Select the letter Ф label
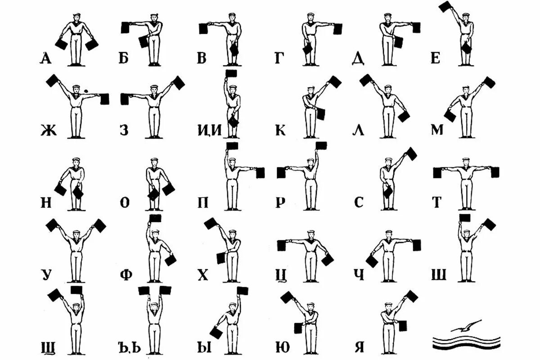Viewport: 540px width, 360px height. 126,274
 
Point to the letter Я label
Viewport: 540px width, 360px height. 359,347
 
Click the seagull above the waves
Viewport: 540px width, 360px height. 466,326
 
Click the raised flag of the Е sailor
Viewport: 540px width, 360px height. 445,6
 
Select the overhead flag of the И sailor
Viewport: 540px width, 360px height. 231,73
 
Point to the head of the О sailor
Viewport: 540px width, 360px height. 154,162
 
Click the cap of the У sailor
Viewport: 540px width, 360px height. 76,232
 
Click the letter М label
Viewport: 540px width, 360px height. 436,130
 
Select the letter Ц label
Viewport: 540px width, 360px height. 282,274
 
